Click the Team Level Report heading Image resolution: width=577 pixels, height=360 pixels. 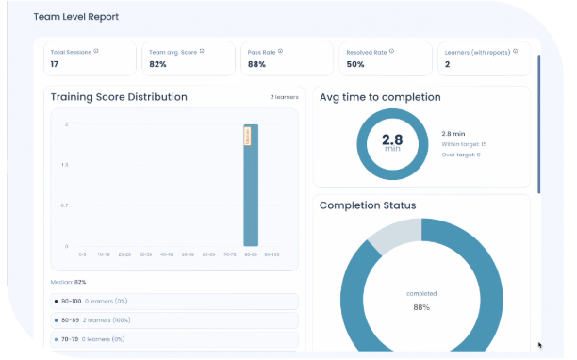pyautogui.click(x=76, y=17)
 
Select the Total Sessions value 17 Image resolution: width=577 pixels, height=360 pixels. pyautogui.click(x=55, y=64)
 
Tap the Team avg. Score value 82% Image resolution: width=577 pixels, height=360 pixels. pyautogui.click(x=157, y=64)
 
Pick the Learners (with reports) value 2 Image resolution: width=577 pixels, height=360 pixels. pyautogui.click(x=447, y=64)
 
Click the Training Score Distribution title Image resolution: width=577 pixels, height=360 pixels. pyautogui.click(x=119, y=97)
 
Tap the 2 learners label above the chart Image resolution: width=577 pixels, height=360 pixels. pyautogui.click(x=283, y=98)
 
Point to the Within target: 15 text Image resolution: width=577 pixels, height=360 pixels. pyautogui.click(x=464, y=143)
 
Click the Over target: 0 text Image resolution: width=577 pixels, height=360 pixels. pyautogui.click(x=461, y=155)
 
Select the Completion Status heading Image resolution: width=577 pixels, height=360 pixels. pyautogui.click(x=368, y=205)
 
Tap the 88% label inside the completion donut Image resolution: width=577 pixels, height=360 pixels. pyautogui.click(x=421, y=307)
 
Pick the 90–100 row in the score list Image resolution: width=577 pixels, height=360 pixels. pyautogui.click(x=174, y=301)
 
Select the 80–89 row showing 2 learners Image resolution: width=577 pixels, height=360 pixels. pyautogui.click(x=174, y=320)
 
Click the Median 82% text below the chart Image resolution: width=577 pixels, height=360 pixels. pyautogui.click(x=68, y=282)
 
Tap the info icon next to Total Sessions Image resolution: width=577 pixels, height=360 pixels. pyautogui.click(x=96, y=51)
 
